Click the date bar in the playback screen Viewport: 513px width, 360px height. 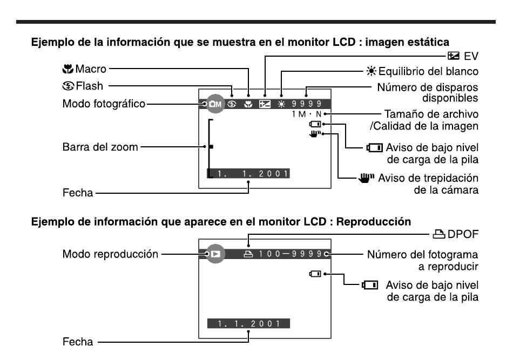point(248,324)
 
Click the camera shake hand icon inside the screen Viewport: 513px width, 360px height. point(315,134)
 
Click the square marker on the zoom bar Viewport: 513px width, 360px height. point(211,146)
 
